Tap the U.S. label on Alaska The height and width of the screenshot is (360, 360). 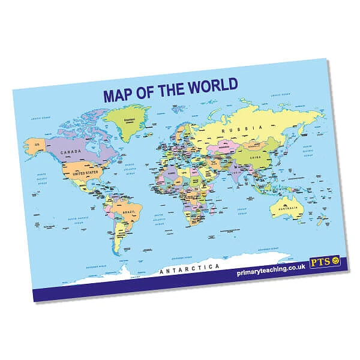pyautogui.click(x=37, y=145)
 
